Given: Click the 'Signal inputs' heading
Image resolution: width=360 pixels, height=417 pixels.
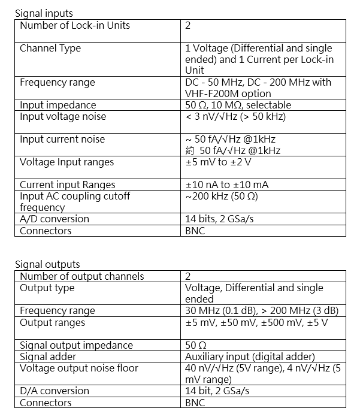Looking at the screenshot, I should click(43, 13).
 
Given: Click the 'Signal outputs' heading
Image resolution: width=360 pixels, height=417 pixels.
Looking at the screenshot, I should click(47, 264).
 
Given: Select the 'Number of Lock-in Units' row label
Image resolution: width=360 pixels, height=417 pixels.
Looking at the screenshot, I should click(75, 25).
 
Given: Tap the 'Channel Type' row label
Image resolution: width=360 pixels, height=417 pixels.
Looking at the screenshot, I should click(50, 48).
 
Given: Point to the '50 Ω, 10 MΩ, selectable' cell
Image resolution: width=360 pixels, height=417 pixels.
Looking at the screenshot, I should click(238, 105).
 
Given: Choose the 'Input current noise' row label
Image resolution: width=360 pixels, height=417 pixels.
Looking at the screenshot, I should click(62, 139).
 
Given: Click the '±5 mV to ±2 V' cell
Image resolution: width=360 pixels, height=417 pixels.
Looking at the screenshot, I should click(218, 162).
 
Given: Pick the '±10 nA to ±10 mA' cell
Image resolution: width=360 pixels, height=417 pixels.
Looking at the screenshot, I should click(227, 185).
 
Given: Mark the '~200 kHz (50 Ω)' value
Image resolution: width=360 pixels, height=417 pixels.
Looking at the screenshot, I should click(222, 196).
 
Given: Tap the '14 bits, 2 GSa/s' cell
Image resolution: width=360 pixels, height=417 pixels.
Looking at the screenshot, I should click(219, 219).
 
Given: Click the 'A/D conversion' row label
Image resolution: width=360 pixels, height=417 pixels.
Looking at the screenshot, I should click(55, 219).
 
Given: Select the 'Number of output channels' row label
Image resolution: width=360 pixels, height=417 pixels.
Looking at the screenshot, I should click(82, 276).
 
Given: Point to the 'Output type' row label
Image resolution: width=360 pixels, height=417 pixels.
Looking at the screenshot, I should click(47, 288).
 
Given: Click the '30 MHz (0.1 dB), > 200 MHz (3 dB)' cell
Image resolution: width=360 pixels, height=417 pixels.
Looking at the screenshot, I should click(262, 310).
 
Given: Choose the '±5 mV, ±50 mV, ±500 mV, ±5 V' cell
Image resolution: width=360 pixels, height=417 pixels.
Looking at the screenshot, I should click(257, 322).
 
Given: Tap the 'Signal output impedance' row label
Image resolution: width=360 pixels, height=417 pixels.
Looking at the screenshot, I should click(76, 345).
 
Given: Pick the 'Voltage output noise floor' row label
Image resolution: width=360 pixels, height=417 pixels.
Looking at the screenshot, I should click(79, 368).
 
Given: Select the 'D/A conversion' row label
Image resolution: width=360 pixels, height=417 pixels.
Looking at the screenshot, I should click(55, 391).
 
